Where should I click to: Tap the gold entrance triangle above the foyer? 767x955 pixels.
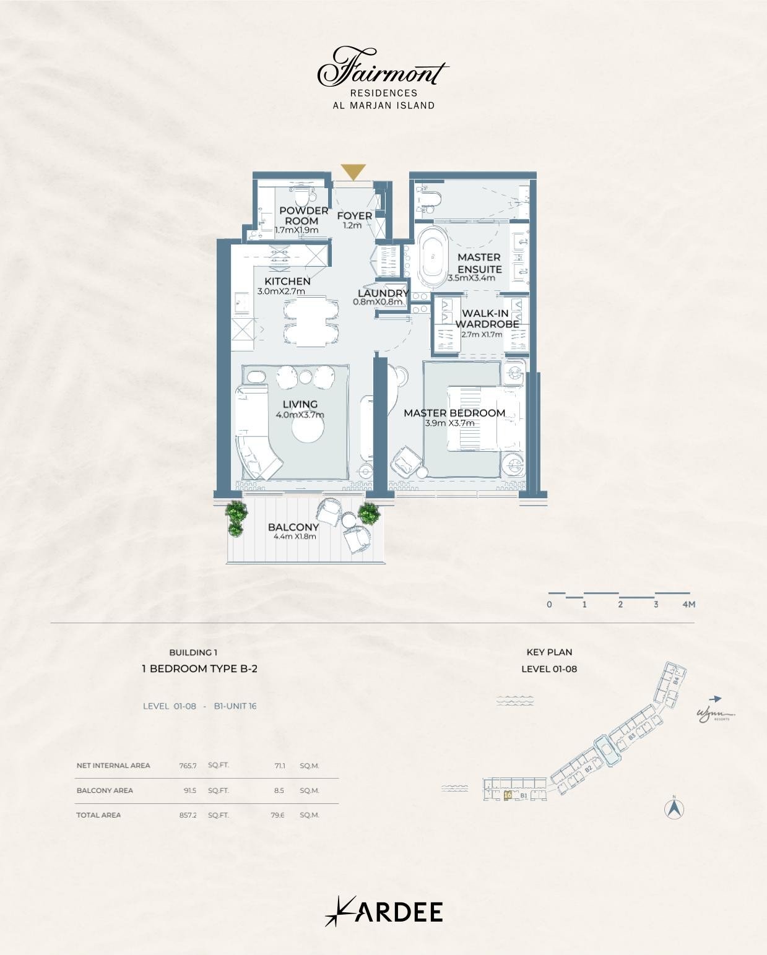pos(353,171)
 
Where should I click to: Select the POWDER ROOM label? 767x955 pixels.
pos(303,215)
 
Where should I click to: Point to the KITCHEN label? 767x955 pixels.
pos(287,281)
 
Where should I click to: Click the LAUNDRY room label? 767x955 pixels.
pos(383,293)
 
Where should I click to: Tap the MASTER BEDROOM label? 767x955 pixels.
pos(454,413)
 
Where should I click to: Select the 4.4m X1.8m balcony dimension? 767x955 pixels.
pos(295,537)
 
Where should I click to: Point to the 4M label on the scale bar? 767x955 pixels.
pos(688,604)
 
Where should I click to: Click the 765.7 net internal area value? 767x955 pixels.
pos(188,766)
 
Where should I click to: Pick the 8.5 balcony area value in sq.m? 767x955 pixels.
pos(279,790)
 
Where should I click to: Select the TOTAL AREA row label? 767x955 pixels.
pos(98,815)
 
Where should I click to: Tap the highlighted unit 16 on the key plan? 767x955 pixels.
pos(508,795)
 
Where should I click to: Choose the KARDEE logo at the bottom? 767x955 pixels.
pos(384,912)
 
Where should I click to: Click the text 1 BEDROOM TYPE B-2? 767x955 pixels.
pos(199,668)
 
